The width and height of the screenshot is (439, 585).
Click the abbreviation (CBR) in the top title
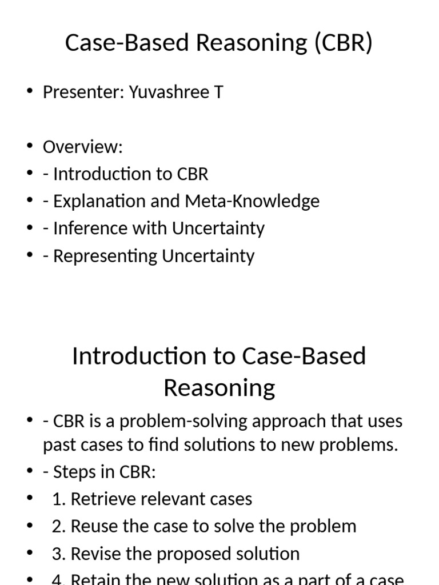(342, 43)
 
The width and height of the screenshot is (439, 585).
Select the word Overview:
(83, 147)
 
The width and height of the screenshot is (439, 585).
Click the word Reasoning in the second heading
(219, 388)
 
